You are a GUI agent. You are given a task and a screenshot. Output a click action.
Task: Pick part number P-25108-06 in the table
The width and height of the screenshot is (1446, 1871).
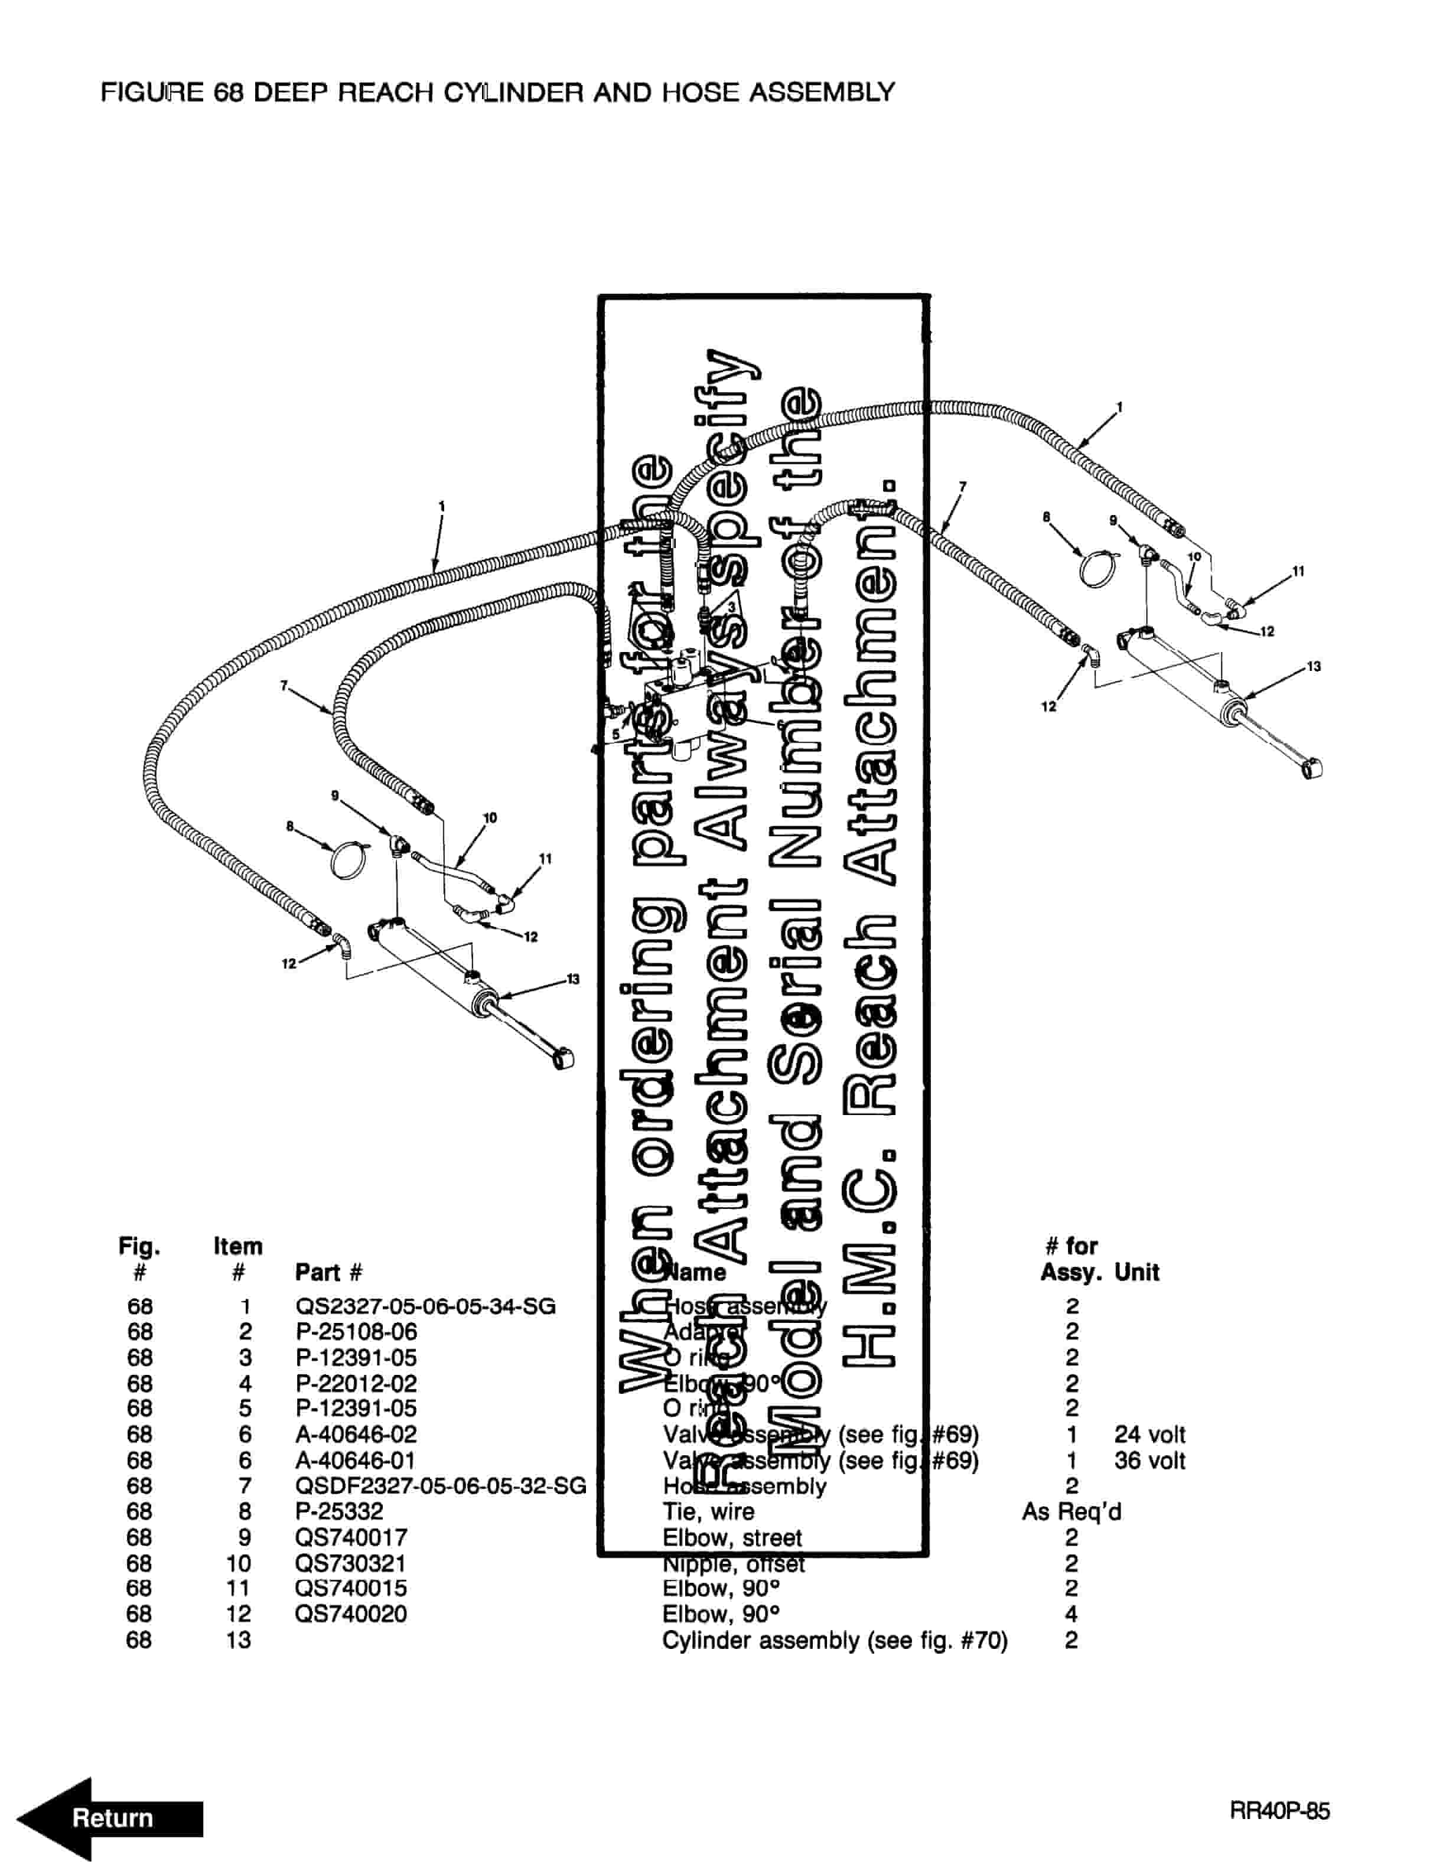tap(356, 1332)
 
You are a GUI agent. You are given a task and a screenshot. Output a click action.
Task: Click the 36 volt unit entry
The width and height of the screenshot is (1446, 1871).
tap(1149, 1460)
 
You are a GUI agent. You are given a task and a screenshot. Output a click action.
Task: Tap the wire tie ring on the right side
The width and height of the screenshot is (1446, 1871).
tap(1096, 568)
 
